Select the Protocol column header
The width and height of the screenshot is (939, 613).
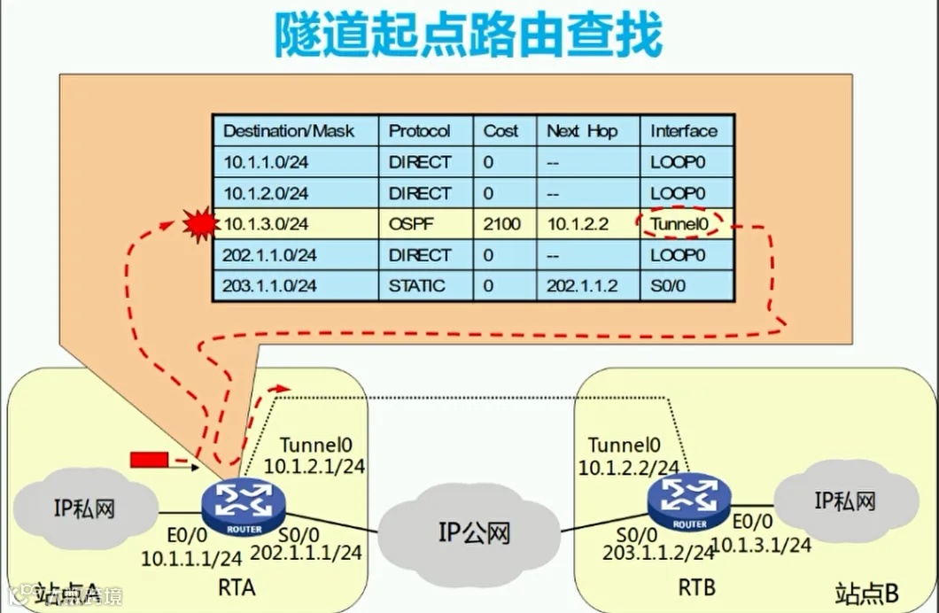pos(419,130)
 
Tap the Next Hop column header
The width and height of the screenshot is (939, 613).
pos(582,130)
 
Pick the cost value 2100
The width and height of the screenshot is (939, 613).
pos(502,224)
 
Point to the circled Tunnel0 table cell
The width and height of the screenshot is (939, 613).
pos(679,224)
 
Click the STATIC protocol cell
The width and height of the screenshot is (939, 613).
pos(416,286)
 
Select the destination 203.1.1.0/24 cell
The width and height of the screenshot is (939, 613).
pos(270,286)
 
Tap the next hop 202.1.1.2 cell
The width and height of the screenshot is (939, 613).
pos(581,286)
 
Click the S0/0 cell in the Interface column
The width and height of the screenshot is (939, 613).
pos(669,286)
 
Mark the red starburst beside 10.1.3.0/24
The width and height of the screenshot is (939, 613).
pos(199,225)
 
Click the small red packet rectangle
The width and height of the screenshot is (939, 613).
pos(148,459)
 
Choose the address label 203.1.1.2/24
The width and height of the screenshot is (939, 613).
pos(658,554)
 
